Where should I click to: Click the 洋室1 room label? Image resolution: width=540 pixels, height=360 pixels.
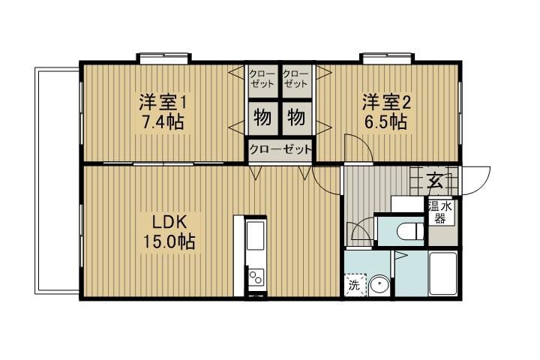163,102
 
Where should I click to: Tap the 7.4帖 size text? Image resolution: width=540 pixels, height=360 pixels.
163,122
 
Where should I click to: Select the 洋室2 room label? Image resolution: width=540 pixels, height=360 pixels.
386,102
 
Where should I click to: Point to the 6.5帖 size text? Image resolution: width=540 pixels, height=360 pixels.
385,122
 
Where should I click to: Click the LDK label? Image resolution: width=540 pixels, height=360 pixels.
169,223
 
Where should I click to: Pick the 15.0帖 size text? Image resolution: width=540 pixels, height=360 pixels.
169,241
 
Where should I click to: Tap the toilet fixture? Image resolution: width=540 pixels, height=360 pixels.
409,230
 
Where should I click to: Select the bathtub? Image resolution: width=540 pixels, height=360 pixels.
443,274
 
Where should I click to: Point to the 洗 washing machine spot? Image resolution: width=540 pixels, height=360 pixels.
355,284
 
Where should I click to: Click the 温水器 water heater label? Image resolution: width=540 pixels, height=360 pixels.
439,213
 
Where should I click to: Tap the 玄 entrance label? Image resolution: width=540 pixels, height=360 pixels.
434,181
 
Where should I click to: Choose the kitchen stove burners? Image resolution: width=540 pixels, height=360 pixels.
256,277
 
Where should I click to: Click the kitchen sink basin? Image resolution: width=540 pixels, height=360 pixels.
256,236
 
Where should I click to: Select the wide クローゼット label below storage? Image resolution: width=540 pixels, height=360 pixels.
280,149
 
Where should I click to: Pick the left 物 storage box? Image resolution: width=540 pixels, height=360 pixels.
263,118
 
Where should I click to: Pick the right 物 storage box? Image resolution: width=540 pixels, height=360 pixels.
296,118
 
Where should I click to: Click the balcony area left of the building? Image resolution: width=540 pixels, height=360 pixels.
58,181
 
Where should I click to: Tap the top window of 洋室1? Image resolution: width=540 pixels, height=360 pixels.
164,58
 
